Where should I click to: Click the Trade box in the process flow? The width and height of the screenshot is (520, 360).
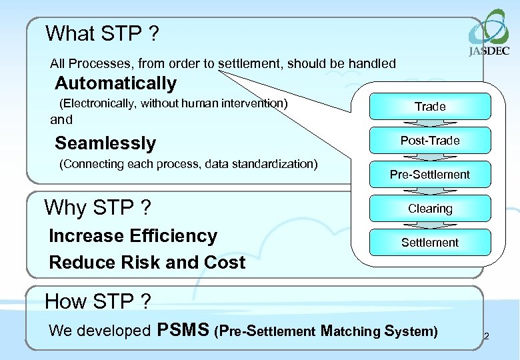pyautogui.click(x=430, y=107)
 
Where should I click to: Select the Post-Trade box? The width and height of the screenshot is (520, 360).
pyautogui.click(x=430, y=141)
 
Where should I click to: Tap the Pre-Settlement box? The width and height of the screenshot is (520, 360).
pyautogui.click(x=430, y=175)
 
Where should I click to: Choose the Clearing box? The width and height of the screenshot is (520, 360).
pyautogui.click(x=430, y=209)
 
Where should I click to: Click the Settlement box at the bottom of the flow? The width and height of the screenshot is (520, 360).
pyautogui.click(x=430, y=243)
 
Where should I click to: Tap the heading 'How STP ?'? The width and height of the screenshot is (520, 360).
pyautogui.click(x=97, y=301)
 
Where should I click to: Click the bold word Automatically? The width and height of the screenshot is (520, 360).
pyautogui.click(x=115, y=83)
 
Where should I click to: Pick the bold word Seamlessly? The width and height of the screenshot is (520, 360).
pyautogui.click(x=105, y=143)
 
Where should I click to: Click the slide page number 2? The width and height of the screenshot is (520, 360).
pyautogui.click(x=486, y=336)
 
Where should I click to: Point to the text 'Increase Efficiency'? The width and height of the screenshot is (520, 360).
pyautogui.click(x=133, y=236)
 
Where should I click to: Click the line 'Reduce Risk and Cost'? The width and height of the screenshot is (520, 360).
pyautogui.click(x=147, y=263)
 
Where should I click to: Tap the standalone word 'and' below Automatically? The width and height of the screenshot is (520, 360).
pyautogui.click(x=61, y=120)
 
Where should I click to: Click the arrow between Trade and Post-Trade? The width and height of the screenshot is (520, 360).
pyautogui.click(x=430, y=123)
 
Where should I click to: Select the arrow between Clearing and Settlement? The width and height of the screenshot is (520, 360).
pyautogui.click(x=430, y=225)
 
